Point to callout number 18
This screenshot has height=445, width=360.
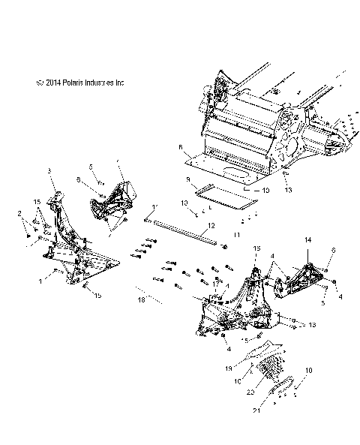140,299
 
